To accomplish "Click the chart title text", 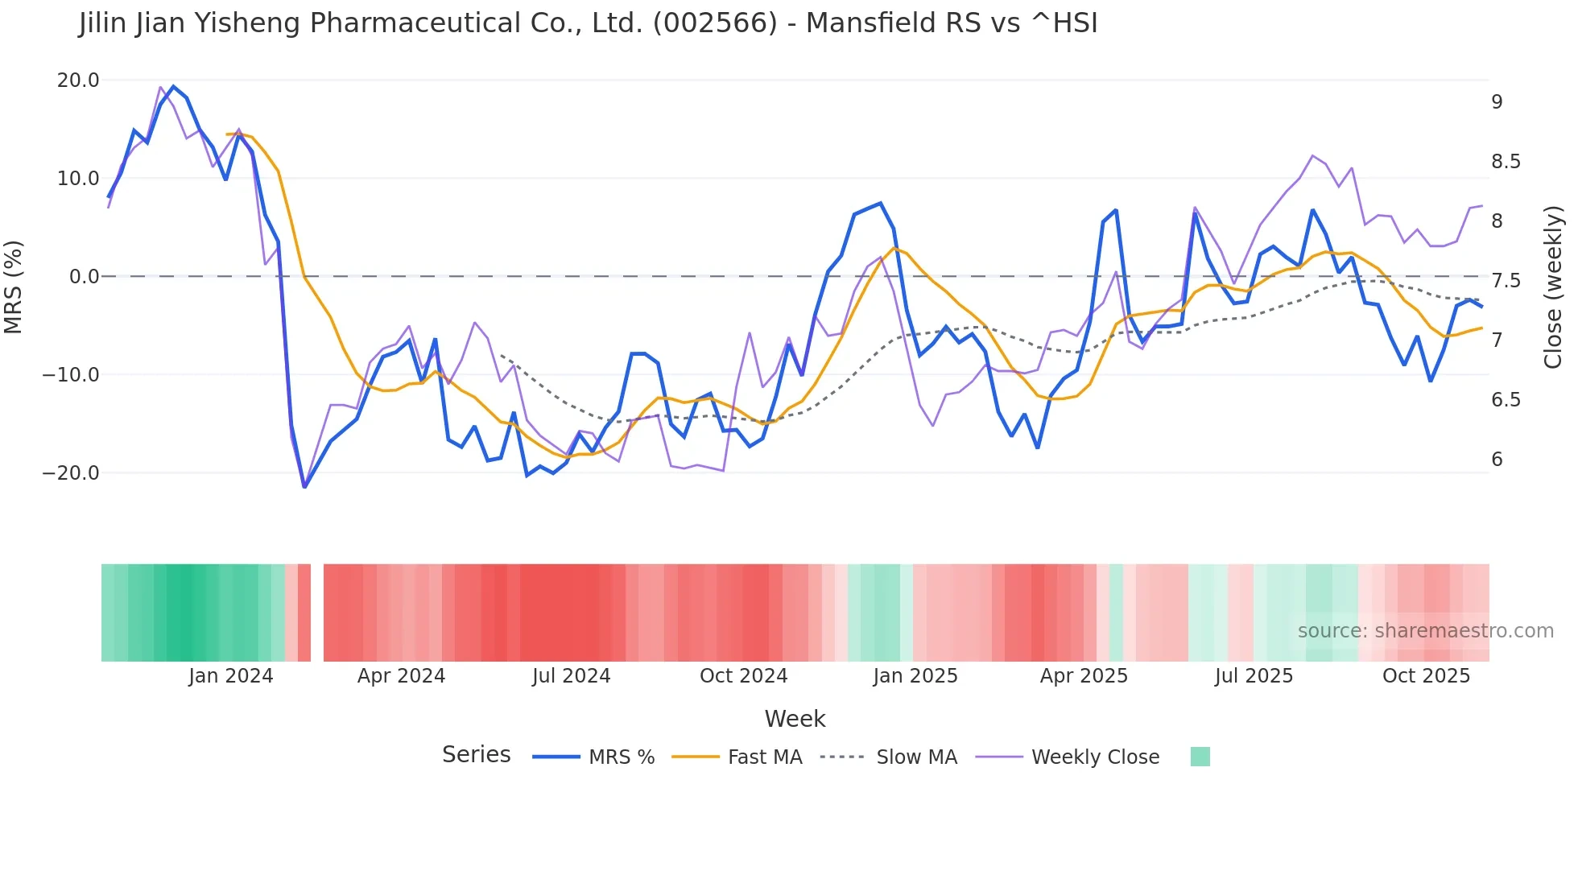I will point(588,23).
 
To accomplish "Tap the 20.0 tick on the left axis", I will point(78,80).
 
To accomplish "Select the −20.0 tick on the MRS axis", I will point(71,473).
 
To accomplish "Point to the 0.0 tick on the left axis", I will point(84,277).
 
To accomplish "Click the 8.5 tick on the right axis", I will point(1505,162).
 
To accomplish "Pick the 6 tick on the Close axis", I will point(1497,460).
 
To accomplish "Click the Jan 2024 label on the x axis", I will point(231,676).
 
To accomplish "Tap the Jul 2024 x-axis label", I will point(571,676).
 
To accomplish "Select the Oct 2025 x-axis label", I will point(1426,676).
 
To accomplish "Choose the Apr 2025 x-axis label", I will point(1084,676).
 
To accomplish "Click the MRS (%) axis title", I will point(14,287).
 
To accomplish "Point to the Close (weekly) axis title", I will point(1553,287).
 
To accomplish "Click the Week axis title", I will point(795,719).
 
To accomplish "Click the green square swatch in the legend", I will point(1200,757).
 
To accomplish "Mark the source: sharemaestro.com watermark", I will point(1425,631).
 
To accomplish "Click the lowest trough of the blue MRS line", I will point(304,486).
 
